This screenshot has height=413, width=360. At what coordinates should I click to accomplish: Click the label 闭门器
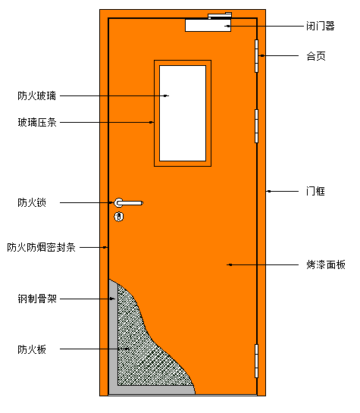[x=321, y=26]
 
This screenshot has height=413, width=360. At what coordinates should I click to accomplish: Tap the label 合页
[x=316, y=56]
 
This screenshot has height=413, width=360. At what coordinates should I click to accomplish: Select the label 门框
[x=315, y=191]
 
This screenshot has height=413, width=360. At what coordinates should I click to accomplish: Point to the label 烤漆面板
[x=326, y=264]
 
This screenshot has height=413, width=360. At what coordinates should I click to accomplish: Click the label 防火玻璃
[x=37, y=95]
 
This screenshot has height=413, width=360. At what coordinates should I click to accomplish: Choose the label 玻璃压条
[x=37, y=123]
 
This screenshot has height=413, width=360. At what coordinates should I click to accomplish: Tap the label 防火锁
[x=32, y=202]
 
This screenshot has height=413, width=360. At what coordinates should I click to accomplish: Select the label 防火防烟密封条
[x=42, y=247]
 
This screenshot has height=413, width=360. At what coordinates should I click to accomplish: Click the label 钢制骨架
[x=37, y=299]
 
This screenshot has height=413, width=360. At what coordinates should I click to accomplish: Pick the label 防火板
[x=32, y=349]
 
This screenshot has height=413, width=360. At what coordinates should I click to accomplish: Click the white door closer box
[x=208, y=25]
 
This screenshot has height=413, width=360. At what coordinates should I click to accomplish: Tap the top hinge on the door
[x=256, y=56]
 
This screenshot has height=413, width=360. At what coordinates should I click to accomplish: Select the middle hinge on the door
[x=256, y=126]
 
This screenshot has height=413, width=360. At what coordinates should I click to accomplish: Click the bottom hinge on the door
[x=256, y=361]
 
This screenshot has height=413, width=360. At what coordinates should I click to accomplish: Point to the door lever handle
[x=129, y=203]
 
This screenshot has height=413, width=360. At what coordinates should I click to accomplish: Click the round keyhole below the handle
[x=119, y=217]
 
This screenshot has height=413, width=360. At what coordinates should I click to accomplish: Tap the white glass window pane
[x=183, y=113]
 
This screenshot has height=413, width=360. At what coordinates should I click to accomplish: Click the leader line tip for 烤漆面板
[x=227, y=264]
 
